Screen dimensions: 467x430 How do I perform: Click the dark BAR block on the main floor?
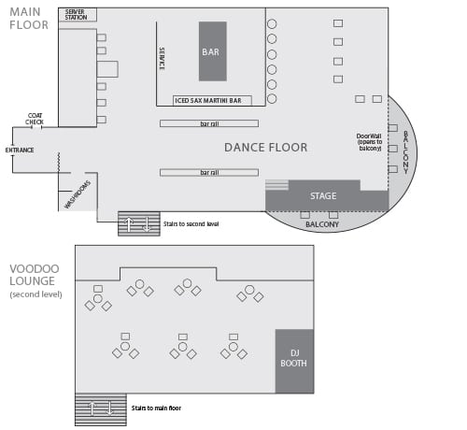213,51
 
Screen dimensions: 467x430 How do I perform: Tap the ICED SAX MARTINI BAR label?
208,101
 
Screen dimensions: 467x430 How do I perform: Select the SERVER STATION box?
78,15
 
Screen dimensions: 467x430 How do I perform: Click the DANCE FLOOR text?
265,148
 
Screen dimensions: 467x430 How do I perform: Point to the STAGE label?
323,196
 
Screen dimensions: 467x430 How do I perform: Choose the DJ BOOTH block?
294,361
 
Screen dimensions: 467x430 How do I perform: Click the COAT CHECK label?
35,119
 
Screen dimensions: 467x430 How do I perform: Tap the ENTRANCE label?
20,150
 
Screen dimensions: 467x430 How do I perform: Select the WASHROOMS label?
78,194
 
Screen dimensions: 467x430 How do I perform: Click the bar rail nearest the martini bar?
209,123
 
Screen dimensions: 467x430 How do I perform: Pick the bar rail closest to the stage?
209,172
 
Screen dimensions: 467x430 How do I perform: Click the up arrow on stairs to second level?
129,224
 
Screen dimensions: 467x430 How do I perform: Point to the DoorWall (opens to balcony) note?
369,142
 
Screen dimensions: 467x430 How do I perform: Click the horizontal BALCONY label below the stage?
322,224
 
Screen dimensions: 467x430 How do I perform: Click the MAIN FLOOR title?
29,19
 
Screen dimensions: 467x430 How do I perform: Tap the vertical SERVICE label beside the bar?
162,59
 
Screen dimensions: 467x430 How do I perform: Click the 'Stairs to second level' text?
191,224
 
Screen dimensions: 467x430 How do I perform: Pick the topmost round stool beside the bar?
272,23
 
